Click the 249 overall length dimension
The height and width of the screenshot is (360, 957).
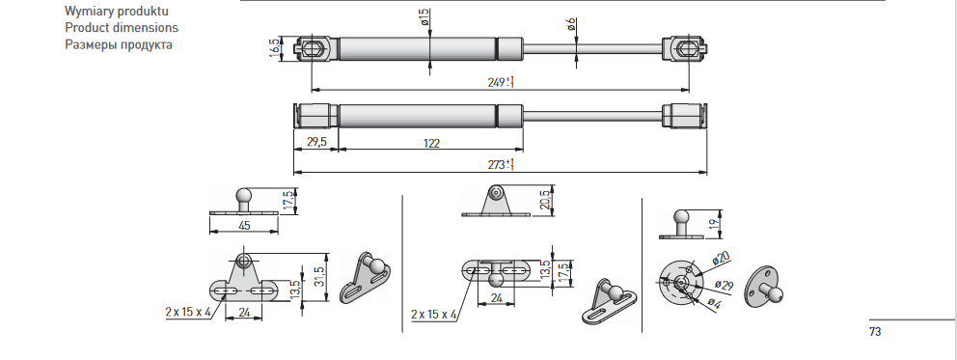[500, 82]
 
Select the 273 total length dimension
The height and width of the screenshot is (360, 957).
[500, 164]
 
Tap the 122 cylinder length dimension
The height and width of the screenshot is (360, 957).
[431, 144]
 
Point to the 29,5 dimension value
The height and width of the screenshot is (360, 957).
[315, 142]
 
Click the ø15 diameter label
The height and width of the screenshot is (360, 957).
[424, 16]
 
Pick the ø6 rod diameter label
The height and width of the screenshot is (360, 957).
[571, 24]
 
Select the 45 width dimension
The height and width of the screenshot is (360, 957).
[244, 226]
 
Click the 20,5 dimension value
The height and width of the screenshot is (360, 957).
[545, 200]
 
